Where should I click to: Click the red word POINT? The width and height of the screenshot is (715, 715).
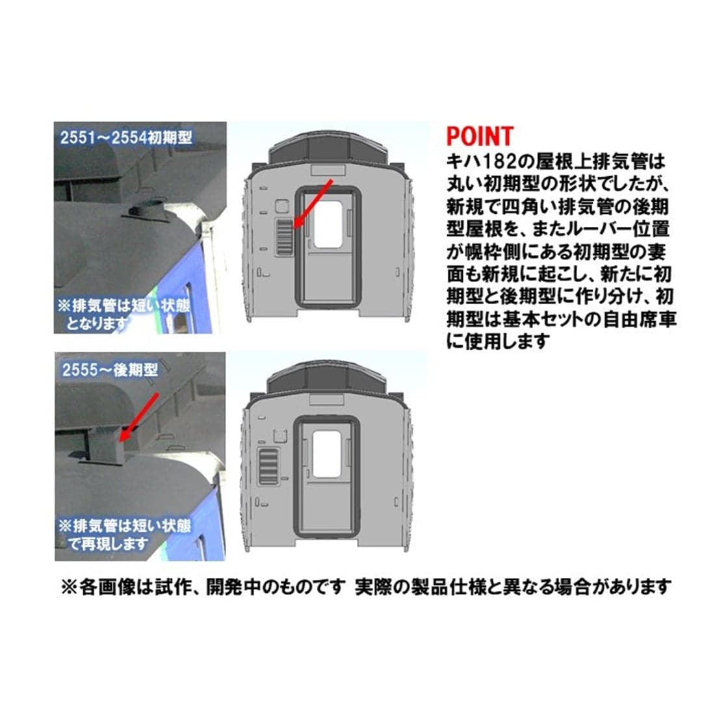(x=480, y=135)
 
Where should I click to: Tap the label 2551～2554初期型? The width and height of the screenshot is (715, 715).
(x=126, y=138)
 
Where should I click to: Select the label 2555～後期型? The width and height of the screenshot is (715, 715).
(x=110, y=369)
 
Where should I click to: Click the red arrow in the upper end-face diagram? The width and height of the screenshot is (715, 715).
(x=313, y=203)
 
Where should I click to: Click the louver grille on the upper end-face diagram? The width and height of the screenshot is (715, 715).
(x=285, y=236)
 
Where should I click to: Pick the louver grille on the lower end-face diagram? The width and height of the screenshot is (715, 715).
(x=268, y=466)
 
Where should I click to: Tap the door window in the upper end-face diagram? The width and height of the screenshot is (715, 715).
(x=328, y=224)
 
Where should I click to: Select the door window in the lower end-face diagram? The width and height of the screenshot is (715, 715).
(x=326, y=454)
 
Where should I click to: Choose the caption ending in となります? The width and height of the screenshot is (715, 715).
(x=123, y=314)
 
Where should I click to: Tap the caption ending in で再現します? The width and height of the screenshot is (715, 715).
(x=124, y=534)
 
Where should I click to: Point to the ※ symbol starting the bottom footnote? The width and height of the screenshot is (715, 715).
(x=70, y=587)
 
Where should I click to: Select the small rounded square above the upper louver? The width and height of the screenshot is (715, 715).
(x=282, y=206)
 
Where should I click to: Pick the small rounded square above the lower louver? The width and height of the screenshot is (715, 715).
(x=279, y=435)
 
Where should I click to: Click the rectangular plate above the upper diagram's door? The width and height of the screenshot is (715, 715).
(x=328, y=170)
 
